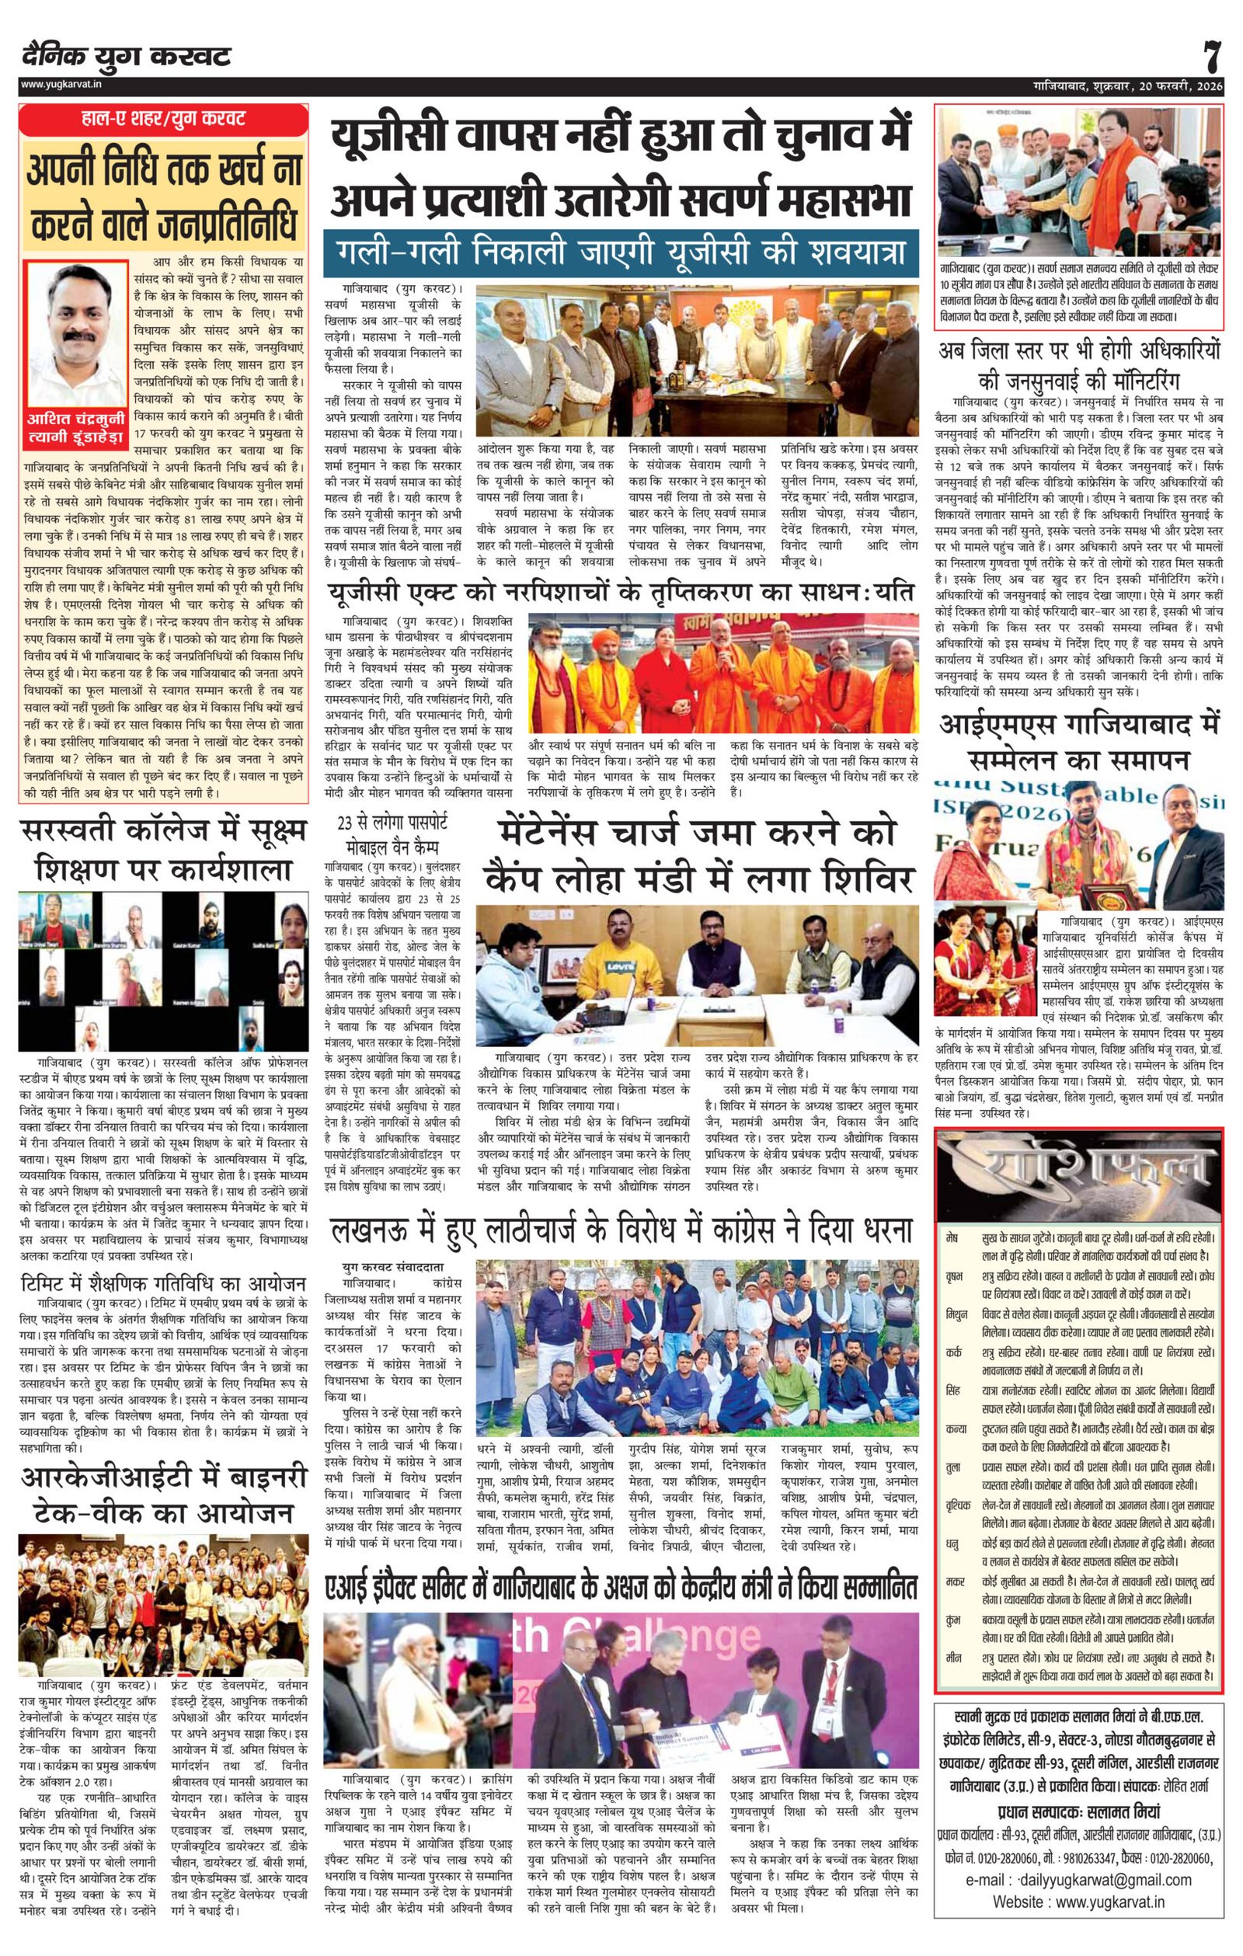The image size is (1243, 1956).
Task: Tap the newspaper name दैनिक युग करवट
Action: click(127, 57)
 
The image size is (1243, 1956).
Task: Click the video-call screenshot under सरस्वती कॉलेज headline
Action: click(163, 971)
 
